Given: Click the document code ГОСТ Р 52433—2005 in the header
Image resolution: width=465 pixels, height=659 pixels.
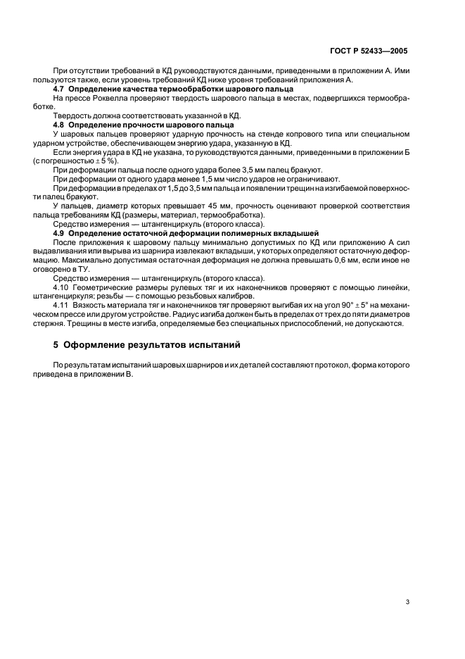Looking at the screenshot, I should [x=370, y=51].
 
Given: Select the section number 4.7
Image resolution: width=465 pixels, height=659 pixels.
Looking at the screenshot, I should [x=60, y=89].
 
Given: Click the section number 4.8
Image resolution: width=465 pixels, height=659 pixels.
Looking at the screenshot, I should [x=60, y=124].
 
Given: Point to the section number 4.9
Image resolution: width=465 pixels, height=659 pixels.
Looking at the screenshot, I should [x=60, y=233].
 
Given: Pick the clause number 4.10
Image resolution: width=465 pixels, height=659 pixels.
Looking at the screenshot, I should [x=61, y=287].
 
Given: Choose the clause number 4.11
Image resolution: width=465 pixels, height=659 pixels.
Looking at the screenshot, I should [x=61, y=306].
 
